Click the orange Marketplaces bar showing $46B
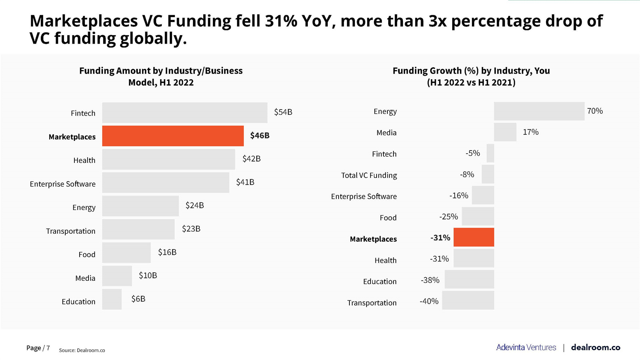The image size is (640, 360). pyautogui.click(x=173, y=136)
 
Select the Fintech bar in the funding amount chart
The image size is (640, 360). pyautogui.click(x=185, y=113)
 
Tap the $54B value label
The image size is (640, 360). pyautogui.click(x=283, y=112)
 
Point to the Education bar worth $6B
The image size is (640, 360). pyautogui.click(x=112, y=299)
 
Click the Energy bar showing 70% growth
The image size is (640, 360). pyautogui.click(x=539, y=111)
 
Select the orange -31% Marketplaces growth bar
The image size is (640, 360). pyautogui.click(x=473, y=237)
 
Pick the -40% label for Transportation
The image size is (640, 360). pyautogui.click(x=429, y=301)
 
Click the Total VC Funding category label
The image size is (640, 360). pyautogui.click(x=369, y=175)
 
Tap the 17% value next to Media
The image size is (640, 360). pyautogui.click(x=530, y=132)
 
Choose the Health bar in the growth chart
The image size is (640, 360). pyautogui.click(x=473, y=258)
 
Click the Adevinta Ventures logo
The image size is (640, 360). pyautogui.click(x=526, y=347)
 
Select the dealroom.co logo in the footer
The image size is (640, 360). pyautogui.click(x=595, y=347)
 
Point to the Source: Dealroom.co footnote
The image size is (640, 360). pyautogui.click(x=82, y=350)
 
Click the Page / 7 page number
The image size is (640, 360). pyautogui.click(x=38, y=348)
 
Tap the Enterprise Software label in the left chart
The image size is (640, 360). pyautogui.click(x=62, y=184)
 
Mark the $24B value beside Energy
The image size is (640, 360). pyautogui.click(x=195, y=205)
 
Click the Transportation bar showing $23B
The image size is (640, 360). pyautogui.click(x=138, y=229)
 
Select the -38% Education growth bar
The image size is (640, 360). pyautogui.click(x=469, y=279)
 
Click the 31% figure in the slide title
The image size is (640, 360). pyautogui.click(x=281, y=21)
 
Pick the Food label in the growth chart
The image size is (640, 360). pyautogui.click(x=388, y=218)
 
